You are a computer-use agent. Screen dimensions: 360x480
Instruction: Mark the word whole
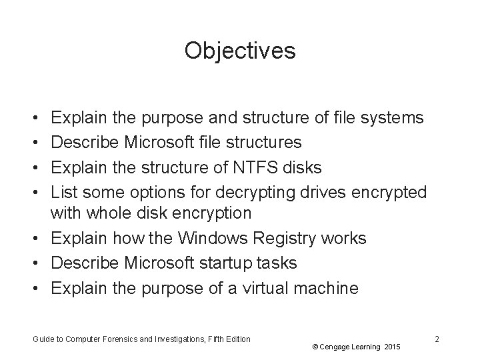pyautogui.click(x=105, y=213)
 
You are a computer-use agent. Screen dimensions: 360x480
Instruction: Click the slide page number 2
pyautogui.click(x=436, y=339)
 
